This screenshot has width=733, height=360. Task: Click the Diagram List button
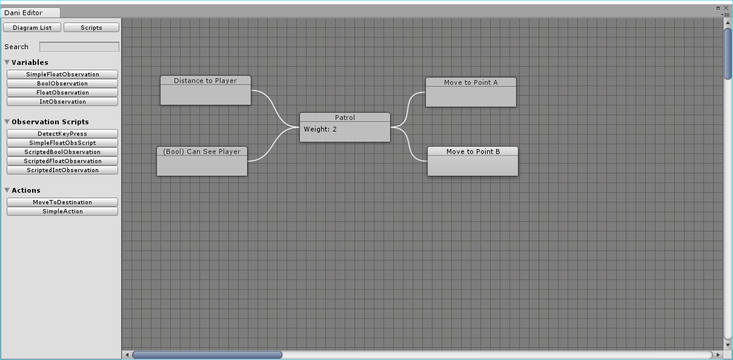pyautogui.click(x=32, y=28)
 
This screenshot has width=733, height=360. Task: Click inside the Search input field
pyautogui.click(x=79, y=47)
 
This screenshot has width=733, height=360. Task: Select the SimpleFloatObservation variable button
pyautogui.click(x=62, y=75)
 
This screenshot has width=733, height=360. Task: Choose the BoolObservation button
pyautogui.click(x=62, y=84)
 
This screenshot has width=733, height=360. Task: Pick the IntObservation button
pyautogui.click(x=62, y=102)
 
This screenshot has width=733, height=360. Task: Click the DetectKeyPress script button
pyautogui.click(x=62, y=134)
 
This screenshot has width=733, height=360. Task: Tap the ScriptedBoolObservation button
pyautogui.click(x=62, y=152)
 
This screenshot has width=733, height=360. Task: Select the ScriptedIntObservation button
pyautogui.click(x=62, y=170)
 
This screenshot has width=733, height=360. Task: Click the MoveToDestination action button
pyautogui.click(x=62, y=202)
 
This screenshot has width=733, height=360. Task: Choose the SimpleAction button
pyautogui.click(x=62, y=212)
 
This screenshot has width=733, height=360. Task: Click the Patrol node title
pyautogui.click(x=345, y=118)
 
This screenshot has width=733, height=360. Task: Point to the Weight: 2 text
pyautogui.click(x=320, y=129)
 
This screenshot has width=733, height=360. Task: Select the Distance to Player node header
pyautogui.click(x=205, y=81)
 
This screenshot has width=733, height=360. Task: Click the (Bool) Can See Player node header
pyautogui.click(x=202, y=152)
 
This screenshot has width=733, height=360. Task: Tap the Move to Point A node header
pyautogui.click(x=471, y=82)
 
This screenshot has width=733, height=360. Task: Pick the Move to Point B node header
pyautogui.click(x=473, y=152)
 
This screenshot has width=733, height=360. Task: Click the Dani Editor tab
pyautogui.click(x=24, y=13)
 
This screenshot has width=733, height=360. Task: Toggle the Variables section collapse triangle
pyautogui.click(x=7, y=62)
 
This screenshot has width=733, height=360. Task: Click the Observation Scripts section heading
pyautogui.click(x=50, y=122)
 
